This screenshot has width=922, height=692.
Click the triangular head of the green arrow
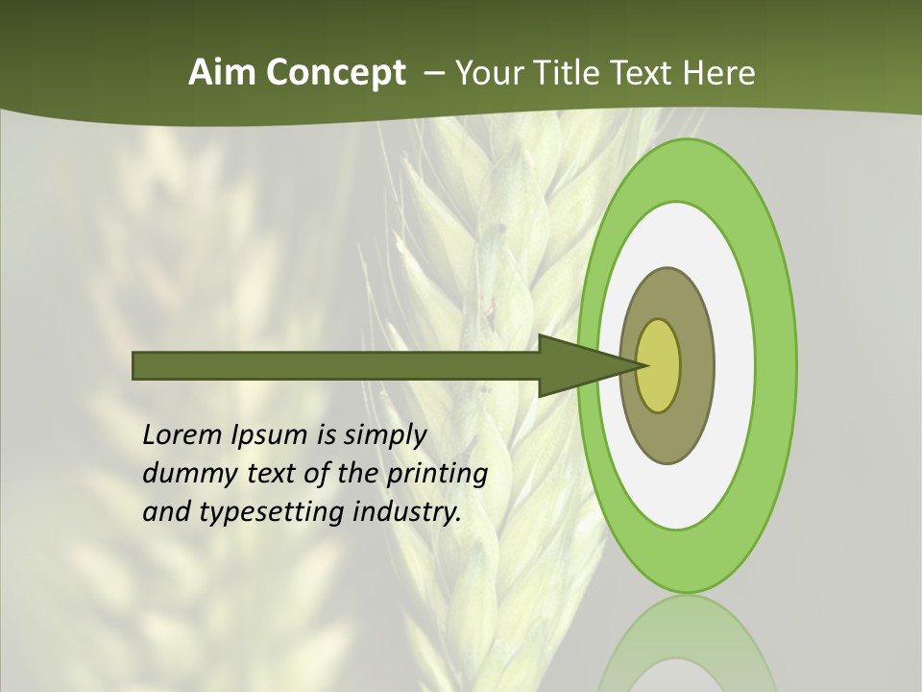[x=576, y=365]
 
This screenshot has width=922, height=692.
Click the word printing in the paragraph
[x=436, y=475]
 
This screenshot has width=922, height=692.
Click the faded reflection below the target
[x=687, y=644]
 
